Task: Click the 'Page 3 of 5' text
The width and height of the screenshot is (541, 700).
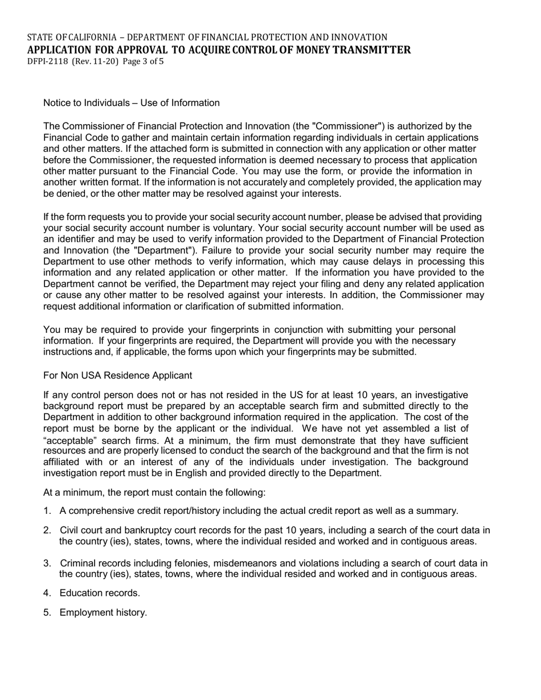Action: coord(142,61)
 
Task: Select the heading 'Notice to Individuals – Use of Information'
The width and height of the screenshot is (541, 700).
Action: coord(132,103)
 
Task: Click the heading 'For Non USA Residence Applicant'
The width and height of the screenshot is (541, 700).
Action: coord(118,376)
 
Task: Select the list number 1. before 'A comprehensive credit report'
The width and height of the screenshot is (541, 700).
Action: coord(47,511)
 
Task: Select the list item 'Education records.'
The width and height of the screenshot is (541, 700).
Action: coord(100,593)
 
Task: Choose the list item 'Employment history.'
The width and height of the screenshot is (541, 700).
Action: coord(103,612)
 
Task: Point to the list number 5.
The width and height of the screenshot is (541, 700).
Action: coord(47,612)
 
